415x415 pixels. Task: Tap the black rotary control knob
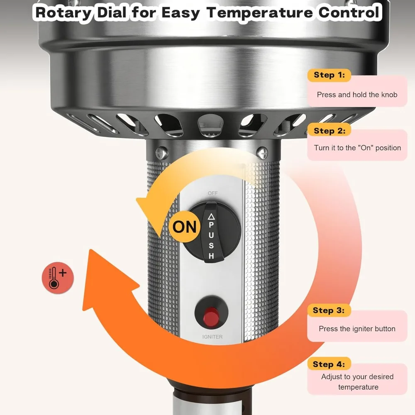[212, 232]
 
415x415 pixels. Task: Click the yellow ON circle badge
[184, 227]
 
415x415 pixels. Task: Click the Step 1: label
[329, 75]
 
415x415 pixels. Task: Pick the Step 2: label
[329, 131]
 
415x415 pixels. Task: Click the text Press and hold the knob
[357, 95]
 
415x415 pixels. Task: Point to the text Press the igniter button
[357, 329]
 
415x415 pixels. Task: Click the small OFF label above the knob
[212, 193]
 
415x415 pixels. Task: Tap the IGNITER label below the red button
[212, 337]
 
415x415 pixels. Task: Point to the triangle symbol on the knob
[211, 216]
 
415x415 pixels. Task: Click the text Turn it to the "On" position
[357, 148]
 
